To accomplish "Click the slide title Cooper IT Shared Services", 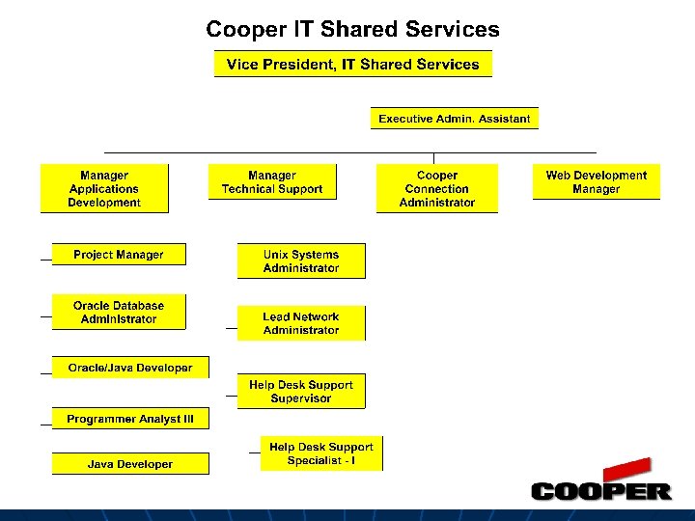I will [x=352, y=30].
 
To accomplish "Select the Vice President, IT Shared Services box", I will [x=352, y=65].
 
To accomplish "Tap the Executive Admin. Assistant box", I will [x=454, y=119].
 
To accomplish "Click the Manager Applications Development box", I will [x=104, y=189].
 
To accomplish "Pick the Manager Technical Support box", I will [x=272, y=182].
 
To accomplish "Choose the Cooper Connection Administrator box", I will [x=437, y=189].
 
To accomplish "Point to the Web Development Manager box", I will [x=596, y=182].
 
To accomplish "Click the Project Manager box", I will [x=119, y=255].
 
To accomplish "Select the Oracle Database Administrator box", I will [x=119, y=313].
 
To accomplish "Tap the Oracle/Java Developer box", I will [x=130, y=368].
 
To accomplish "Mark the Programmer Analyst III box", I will [x=130, y=420].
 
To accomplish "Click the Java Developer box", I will [x=130, y=464].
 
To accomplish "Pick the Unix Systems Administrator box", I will [x=301, y=261].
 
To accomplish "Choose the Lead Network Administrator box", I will [x=301, y=323].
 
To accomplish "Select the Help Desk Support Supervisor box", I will [x=301, y=392].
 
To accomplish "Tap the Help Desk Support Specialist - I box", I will [x=321, y=453].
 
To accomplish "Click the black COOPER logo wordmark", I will [x=600, y=492].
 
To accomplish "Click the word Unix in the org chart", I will [x=277, y=255].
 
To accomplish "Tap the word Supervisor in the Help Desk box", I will [x=301, y=398].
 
